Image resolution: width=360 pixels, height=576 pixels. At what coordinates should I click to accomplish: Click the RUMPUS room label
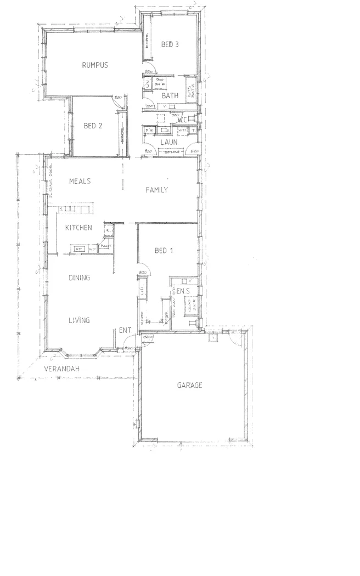[x=94, y=65]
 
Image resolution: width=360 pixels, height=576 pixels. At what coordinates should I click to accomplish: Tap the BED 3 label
[x=170, y=45]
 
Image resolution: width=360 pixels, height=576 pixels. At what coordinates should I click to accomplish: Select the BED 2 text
[x=93, y=126]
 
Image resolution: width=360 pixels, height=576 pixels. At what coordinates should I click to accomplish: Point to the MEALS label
[x=80, y=181]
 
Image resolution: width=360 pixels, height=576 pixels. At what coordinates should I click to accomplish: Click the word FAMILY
[x=156, y=190]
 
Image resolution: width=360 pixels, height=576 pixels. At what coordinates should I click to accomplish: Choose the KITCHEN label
[x=78, y=228]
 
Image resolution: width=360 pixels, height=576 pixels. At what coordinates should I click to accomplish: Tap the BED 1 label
[x=164, y=251]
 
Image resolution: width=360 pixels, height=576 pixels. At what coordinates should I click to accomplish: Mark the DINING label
[x=79, y=278]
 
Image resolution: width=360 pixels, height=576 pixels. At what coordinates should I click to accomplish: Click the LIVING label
[x=79, y=320]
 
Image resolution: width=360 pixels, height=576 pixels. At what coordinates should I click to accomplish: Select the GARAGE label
[x=189, y=386]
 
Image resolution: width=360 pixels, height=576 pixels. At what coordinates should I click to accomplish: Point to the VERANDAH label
[x=62, y=370]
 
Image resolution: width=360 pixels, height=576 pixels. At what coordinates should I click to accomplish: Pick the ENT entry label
[x=125, y=331]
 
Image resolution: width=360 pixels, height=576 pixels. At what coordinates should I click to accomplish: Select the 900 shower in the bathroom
[x=160, y=83]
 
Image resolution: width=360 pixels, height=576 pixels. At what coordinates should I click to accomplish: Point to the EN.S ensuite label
[x=183, y=290]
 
